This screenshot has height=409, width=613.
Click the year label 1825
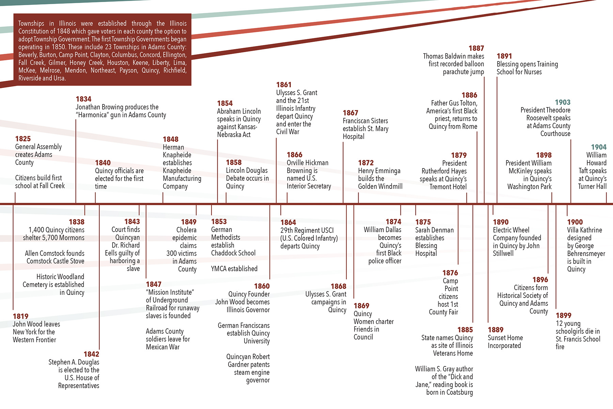pyautogui.click(x=23, y=139)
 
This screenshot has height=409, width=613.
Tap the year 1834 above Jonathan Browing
pyautogui.click(x=83, y=99)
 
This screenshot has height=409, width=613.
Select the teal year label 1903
pyautogui.click(x=563, y=102)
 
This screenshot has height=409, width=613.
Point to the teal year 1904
pyautogui.click(x=599, y=147)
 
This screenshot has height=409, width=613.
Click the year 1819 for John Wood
pyautogui.click(x=20, y=316)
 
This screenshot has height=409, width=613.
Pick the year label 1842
pyautogui.click(x=91, y=354)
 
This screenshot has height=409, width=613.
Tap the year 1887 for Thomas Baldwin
pyautogui.click(x=476, y=48)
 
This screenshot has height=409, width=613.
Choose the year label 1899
pyautogui.click(x=564, y=315)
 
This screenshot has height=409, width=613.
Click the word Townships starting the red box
pyautogui.click(x=31, y=24)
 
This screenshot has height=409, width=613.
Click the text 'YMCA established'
pyautogui.click(x=234, y=269)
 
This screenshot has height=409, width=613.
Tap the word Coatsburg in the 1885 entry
pyautogui.click(x=459, y=392)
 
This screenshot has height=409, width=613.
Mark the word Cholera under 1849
pyautogui.click(x=186, y=230)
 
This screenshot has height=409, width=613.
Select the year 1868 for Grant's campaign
pyautogui.click(x=339, y=286)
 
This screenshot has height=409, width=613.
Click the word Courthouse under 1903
pyautogui.click(x=555, y=134)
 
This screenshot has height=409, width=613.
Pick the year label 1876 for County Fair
pyautogui.click(x=450, y=273)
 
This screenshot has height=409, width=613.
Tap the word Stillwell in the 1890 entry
pyautogui.click(x=503, y=253)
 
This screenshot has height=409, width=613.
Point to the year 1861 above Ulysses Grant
pyautogui.click(x=284, y=85)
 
